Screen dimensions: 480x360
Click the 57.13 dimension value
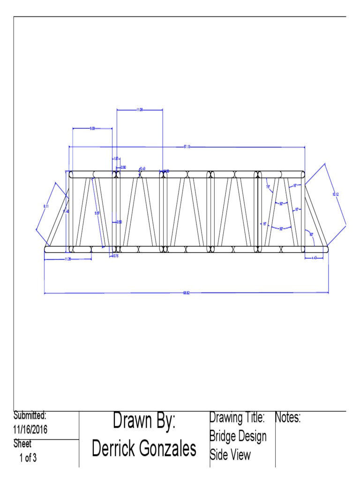tap(187, 147)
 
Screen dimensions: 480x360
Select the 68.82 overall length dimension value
tap(186, 293)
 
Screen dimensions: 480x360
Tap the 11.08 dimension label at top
tap(140, 110)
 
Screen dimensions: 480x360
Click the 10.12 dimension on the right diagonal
tap(336, 194)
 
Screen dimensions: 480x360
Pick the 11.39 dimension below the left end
tap(68, 259)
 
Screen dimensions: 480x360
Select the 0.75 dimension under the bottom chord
tap(115, 256)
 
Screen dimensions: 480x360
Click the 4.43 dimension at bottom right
tap(314, 258)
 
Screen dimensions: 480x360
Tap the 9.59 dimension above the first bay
tap(93, 128)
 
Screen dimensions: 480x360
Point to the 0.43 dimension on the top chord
tap(142, 168)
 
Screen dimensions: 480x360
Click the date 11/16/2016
tap(30, 429)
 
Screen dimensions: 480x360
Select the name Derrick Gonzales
tap(144, 449)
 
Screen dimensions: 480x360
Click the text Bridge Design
tap(238, 436)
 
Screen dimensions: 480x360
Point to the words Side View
tap(230, 455)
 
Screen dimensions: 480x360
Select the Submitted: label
tap(30, 415)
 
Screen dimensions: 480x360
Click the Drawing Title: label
tap(238, 418)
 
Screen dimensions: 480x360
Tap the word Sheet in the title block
tap(22, 444)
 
